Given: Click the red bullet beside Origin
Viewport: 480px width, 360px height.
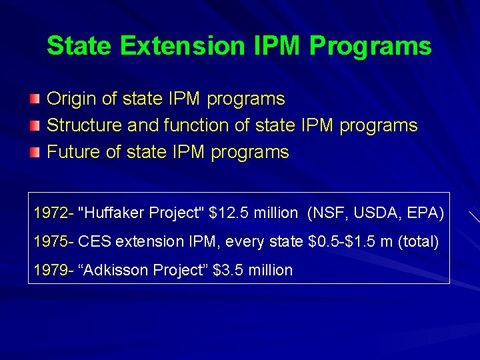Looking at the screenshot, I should coord(34,99).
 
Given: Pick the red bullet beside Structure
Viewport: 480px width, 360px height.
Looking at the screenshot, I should coord(34,126).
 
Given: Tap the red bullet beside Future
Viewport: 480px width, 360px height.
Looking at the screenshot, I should coord(34,153).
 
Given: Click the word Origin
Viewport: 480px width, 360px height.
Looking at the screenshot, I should coord(71,99).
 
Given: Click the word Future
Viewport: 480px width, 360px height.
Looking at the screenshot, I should coord(73,152).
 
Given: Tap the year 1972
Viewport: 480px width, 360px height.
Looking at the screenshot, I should coord(51,213).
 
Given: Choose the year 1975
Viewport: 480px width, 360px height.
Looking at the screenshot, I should coord(51,241).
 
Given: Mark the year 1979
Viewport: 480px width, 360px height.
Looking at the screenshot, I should coord(51,270).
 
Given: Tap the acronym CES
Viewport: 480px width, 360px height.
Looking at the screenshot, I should coord(93,241).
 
